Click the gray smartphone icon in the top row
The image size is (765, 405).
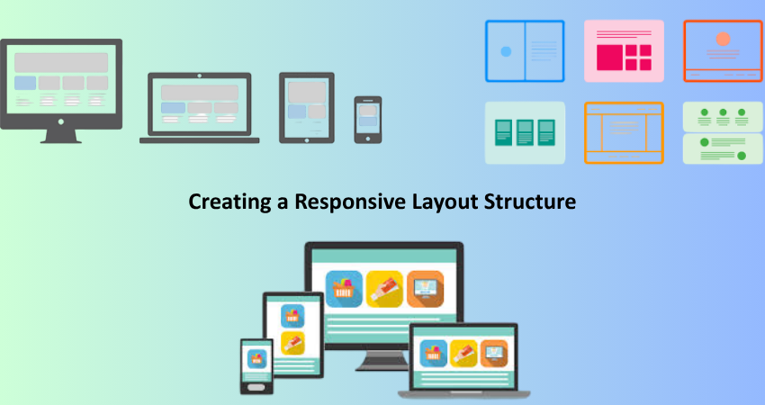368,120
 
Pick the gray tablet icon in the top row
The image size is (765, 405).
307,108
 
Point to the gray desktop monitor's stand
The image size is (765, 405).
61,136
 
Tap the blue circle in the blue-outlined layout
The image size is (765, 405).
506,51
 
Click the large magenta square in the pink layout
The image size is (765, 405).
609,58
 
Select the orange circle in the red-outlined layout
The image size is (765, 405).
723,39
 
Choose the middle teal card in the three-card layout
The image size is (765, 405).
525,132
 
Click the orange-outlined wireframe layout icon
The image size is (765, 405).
624,132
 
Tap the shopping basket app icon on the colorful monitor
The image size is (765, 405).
344,289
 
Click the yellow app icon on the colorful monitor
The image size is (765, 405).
384,289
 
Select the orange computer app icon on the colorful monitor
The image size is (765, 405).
426,289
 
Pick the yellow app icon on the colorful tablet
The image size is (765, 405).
292,343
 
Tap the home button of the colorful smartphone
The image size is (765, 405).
256,387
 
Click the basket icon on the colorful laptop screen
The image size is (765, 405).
434,354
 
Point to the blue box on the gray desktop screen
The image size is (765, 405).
25,83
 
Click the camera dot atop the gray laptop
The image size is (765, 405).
200,76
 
